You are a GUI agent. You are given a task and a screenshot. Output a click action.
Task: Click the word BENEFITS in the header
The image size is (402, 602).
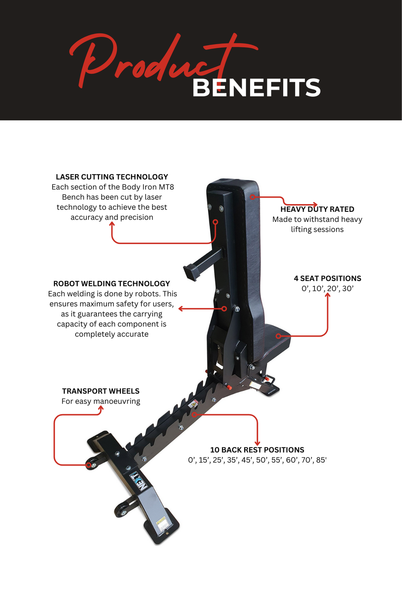[256, 88]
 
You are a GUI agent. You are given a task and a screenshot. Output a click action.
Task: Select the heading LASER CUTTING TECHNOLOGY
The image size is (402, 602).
[112, 177]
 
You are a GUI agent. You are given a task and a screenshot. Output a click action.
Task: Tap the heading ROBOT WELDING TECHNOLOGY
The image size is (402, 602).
[111, 284]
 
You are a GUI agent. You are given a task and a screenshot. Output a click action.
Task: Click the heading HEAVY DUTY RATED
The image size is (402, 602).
[317, 209]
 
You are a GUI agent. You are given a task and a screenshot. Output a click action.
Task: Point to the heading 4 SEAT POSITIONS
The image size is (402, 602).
[327, 278]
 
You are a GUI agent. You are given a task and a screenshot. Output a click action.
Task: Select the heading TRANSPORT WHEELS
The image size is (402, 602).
[100, 391]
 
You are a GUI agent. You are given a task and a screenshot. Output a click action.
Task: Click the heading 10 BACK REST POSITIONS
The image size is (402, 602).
[257, 450]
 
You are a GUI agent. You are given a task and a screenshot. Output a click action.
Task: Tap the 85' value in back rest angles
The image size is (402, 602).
[321, 460]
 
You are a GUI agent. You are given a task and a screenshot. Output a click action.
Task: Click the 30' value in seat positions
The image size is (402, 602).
[348, 289]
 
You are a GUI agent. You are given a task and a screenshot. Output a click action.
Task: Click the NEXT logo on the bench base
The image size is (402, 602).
[139, 482]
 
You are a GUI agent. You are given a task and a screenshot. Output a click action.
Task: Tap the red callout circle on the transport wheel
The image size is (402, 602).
[89, 465]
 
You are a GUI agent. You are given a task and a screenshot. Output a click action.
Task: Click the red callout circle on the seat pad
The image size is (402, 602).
[278, 336]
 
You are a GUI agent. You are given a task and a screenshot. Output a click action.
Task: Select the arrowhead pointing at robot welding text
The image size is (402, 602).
[181, 308]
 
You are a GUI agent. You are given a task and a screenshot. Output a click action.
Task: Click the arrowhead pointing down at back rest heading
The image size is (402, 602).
[257, 443]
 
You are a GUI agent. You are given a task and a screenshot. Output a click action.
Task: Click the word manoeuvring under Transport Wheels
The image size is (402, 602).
[117, 401]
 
